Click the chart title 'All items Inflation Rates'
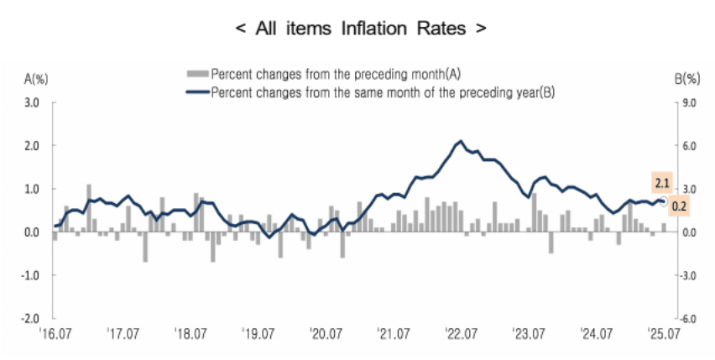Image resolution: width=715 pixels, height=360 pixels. [360, 28]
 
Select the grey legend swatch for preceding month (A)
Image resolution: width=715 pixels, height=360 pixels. [199, 73]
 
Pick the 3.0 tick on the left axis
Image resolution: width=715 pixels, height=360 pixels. [32, 103]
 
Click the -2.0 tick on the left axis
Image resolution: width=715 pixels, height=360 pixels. [30, 319]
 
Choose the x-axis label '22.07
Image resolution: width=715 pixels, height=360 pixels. [461, 334]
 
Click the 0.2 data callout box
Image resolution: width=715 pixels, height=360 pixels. [680, 206]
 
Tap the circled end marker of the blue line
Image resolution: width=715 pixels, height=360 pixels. [663, 201]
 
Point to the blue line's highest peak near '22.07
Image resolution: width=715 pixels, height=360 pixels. [460, 141]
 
